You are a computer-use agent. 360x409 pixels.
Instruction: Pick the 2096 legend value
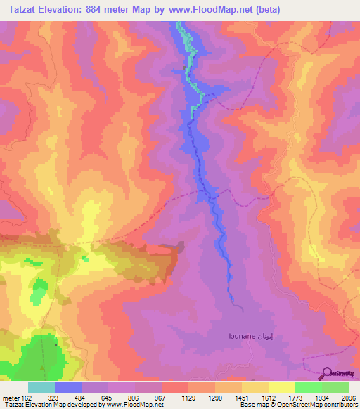click(x=349, y=397)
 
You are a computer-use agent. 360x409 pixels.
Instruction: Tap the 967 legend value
click(x=158, y=397)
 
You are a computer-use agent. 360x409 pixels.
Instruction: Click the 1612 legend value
click(x=267, y=397)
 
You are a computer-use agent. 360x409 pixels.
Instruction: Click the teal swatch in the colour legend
click(x=41, y=387)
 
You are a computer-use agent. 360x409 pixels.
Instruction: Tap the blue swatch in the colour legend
click(x=68, y=387)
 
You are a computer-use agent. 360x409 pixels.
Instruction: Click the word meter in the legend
click(x=8, y=397)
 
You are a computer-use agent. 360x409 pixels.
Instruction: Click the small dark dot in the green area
click(x=56, y=345)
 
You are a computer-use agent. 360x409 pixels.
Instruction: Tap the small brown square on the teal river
click(x=185, y=67)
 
